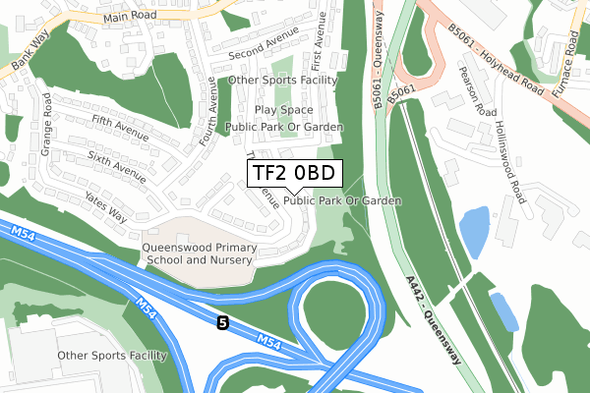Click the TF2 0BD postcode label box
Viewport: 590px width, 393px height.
(x=294, y=174)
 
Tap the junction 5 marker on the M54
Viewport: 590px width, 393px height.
(x=223, y=321)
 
